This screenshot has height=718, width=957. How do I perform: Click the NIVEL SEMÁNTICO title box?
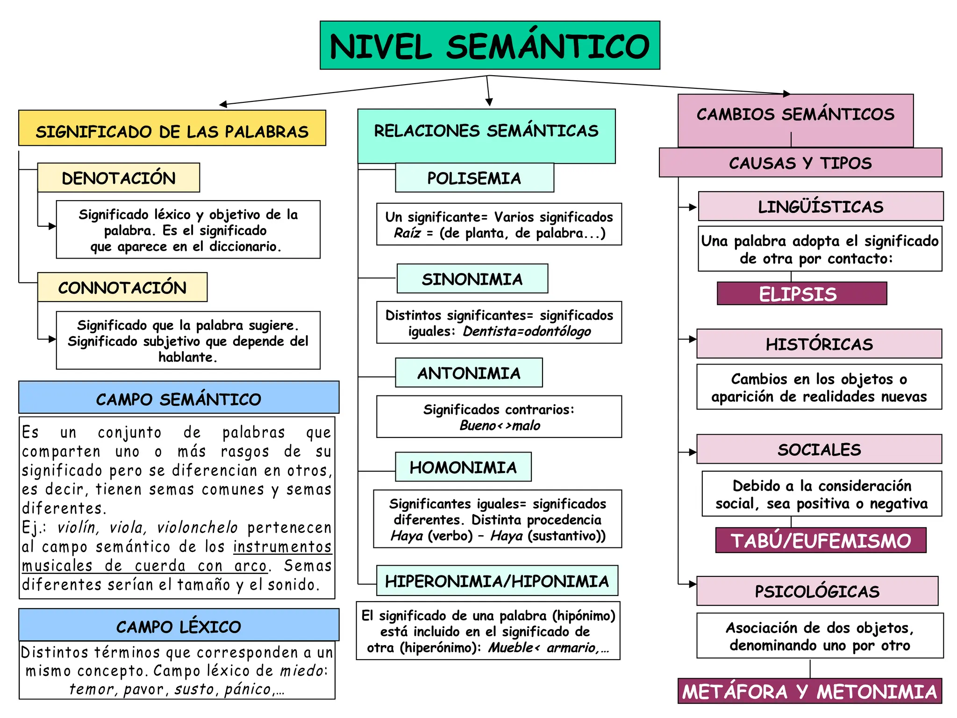point(490,45)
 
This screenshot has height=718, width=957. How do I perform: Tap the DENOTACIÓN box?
point(119,178)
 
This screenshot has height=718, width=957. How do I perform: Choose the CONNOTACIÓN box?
point(122,287)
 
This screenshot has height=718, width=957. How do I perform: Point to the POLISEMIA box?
point(474,178)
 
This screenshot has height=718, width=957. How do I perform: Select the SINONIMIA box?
point(472,279)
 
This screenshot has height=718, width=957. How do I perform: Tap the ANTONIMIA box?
point(469,373)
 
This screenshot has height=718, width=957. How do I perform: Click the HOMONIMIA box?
point(463,467)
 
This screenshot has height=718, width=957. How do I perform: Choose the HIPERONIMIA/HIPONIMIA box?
point(497,581)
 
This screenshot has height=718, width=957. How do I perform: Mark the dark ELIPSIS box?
point(802,294)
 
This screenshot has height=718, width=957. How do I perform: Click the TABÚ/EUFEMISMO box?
point(821,540)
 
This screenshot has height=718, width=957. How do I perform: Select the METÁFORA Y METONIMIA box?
point(810,691)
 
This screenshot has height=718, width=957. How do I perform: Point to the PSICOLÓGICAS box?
point(817,591)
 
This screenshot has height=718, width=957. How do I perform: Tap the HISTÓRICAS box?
point(819,344)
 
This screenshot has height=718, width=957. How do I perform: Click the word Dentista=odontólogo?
point(527,331)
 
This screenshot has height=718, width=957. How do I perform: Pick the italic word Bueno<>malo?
point(500,425)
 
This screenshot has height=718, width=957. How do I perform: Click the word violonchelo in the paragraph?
point(197,527)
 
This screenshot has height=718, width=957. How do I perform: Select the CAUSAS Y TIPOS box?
point(800,163)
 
